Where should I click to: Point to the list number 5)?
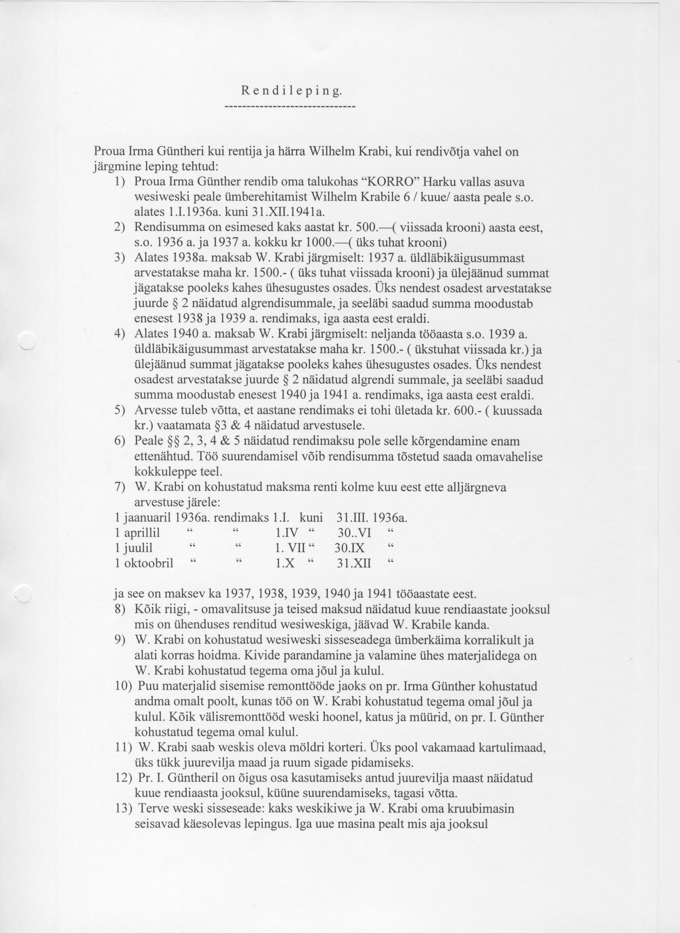pyautogui.click(x=119, y=411)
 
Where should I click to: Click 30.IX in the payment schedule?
pyautogui.click(x=349, y=548)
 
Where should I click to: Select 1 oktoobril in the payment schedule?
pyautogui.click(x=144, y=563)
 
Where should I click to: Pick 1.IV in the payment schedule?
pyautogui.click(x=286, y=533)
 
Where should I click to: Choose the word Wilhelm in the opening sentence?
pyautogui.click(x=332, y=152)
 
